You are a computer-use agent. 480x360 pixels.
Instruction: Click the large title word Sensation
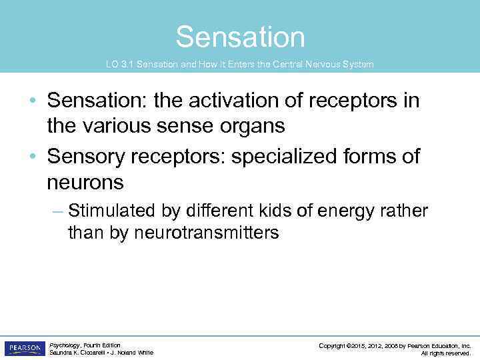click(240, 37)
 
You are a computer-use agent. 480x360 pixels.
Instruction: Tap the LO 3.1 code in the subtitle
click(117, 65)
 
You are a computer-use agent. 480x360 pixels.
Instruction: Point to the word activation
click(211, 101)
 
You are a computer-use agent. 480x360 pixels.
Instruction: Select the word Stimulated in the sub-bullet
click(112, 211)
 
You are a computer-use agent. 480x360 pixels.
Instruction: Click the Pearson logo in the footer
click(25, 349)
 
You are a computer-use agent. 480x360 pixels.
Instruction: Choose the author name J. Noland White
click(132, 353)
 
